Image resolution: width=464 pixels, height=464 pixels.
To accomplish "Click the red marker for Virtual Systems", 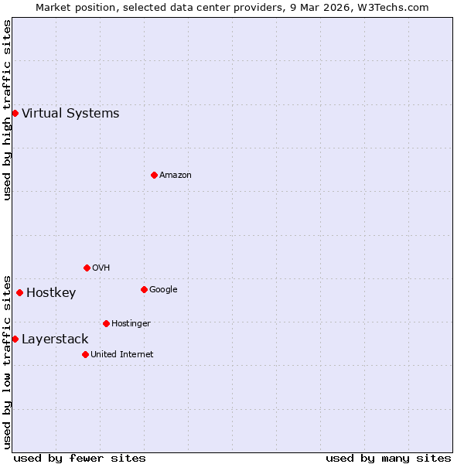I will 15,114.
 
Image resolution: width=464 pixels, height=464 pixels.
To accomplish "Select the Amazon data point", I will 154,175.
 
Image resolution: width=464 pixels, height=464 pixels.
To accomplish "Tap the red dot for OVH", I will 87,268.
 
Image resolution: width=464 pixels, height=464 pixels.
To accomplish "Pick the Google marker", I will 144,289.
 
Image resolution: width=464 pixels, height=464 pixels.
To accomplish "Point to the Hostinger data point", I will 106,323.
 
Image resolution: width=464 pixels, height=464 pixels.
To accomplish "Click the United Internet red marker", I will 85,354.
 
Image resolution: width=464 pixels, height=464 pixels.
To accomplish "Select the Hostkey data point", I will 19,292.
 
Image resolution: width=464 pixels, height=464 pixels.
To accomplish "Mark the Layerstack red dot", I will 15,339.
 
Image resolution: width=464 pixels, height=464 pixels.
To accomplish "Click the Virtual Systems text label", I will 70,114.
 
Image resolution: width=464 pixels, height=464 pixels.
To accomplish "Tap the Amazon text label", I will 176,176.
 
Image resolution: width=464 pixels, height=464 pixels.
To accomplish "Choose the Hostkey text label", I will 51,293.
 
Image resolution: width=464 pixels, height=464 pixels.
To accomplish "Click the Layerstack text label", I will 55,339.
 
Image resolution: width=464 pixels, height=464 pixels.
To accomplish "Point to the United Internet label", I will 122,355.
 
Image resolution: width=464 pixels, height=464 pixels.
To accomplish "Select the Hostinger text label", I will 131,324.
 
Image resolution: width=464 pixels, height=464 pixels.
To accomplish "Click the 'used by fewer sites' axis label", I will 80,458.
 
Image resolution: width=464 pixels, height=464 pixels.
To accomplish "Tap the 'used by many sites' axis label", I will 388,458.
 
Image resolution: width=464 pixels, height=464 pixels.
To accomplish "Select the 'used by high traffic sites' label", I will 7,111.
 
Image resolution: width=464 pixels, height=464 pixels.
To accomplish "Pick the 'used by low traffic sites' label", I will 7,361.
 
